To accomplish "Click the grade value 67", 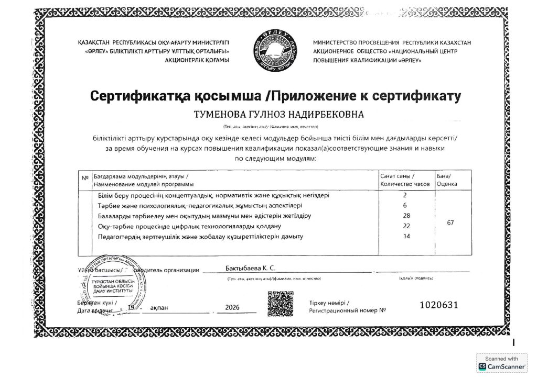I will [x=450, y=223].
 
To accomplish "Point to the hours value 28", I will [x=405, y=216].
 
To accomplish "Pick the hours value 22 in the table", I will [x=405, y=226].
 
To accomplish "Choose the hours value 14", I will [x=405, y=237].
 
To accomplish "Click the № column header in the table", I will [x=85, y=177].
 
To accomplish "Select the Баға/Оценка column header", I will [x=447, y=180].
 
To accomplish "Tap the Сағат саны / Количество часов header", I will [x=405, y=180].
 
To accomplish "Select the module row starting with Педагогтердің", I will [x=201, y=237].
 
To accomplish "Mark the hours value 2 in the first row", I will [x=405, y=195].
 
